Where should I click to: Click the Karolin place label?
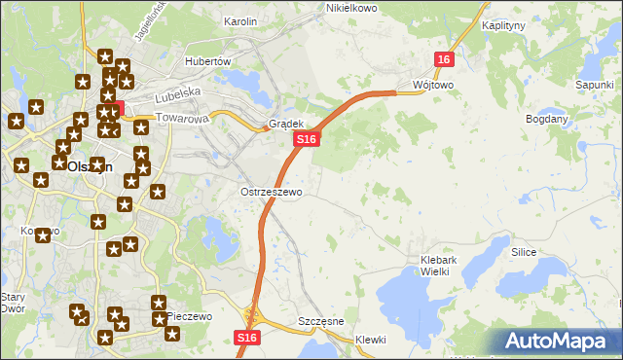click(239, 20)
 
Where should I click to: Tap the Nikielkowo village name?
click(350, 8)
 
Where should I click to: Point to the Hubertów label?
click(207, 60)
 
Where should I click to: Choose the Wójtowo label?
click(433, 85)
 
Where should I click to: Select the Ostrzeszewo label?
click(272, 192)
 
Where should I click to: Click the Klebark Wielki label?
click(448, 266)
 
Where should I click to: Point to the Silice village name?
click(524, 251)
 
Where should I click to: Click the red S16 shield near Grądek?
click(307, 140)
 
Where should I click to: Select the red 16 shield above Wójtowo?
click(444, 59)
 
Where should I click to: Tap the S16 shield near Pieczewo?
click(247, 337)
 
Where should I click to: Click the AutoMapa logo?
click(559, 342)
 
